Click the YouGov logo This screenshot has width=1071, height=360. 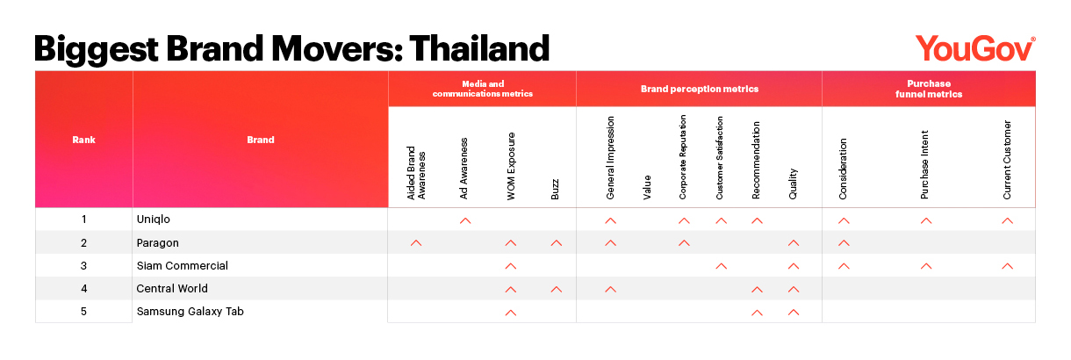[x=975, y=49]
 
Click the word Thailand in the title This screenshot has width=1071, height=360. [x=479, y=48]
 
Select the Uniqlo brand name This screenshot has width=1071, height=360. [x=153, y=220]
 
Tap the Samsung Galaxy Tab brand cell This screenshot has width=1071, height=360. [x=190, y=312]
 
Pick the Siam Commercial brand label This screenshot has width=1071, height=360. [x=183, y=266]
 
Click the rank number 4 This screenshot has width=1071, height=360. [x=84, y=289]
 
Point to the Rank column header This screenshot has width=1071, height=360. [x=83, y=140]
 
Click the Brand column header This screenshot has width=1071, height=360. [x=261, y=140]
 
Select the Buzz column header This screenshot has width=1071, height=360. [x=555, y=190]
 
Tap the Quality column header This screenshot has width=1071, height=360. [x=793, y=184]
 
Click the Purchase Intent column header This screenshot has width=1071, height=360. [x=924, y=164]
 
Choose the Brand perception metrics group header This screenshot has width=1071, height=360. [x=700, y=89]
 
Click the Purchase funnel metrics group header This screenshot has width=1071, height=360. [x=929, y=89]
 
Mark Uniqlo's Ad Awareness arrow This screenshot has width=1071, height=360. [x=465, y=221]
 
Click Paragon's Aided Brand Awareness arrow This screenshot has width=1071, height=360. [x=416, y=243]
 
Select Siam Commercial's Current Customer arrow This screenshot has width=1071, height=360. [x=1008, y=266]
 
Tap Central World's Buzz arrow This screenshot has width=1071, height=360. [x=556, y=289]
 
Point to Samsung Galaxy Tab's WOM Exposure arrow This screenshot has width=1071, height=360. [x=511, y=313]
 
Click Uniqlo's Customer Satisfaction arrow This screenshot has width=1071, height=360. [x=721, y=221]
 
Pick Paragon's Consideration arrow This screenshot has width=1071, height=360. [x=844, y=243]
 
